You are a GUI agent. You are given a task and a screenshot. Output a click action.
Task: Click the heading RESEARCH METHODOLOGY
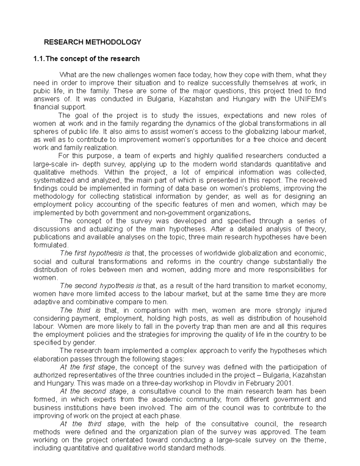[92, 42]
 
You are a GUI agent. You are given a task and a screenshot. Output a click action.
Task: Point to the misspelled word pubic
[40, 91]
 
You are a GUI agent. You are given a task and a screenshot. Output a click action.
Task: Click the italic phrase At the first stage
[87, 367]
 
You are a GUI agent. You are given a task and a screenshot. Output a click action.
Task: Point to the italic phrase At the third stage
[92, 424]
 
